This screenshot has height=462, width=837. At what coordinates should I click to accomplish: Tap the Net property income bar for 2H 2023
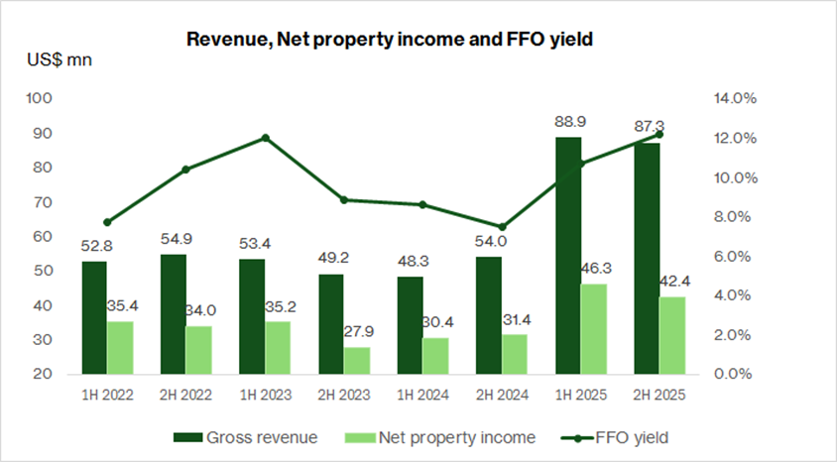click(x=357, y=361)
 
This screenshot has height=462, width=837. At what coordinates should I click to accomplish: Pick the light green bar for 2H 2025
click(x=672, y=336)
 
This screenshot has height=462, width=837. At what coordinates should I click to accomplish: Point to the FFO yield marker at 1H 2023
click(x=265, y=138)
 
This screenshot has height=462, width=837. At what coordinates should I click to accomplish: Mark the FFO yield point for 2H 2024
click(x=502, y=227)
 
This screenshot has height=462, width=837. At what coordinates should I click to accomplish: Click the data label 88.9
click(x=569, y=121)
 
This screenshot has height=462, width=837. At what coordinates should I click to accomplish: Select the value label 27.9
click(x=359, y=331)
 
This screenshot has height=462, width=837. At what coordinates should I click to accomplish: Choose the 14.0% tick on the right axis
click(x=735, y=99)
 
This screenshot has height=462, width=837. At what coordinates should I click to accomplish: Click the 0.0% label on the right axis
click(x=735, y=375)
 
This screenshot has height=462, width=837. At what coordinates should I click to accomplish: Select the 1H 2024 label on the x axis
click(x=422, y=395)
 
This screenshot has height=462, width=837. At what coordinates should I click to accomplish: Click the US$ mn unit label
click(x=59, y=60)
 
